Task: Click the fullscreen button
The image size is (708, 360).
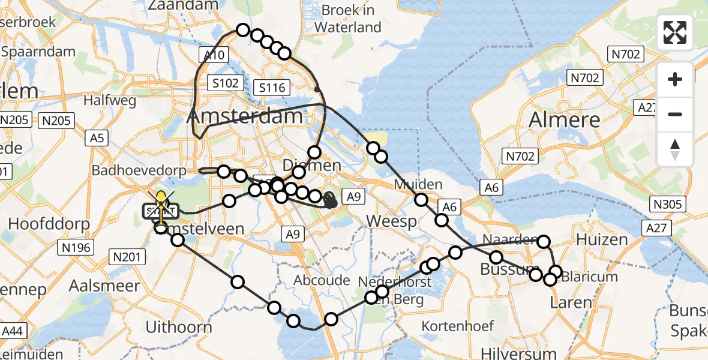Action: [675, 32]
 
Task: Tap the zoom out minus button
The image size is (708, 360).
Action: [675, 114]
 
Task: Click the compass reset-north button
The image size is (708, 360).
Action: [675, 149]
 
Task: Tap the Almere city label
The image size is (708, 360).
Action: [564, 119]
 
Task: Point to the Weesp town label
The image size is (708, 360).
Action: [391, 221]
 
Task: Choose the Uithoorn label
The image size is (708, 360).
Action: [179, 327]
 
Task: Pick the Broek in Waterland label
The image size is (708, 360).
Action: [347, 19]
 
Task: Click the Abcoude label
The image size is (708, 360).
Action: [322, 280]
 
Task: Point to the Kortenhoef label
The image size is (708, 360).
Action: [458, 326]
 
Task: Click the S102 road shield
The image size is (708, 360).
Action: [224, 83]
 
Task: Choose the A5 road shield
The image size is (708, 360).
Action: [97, 139]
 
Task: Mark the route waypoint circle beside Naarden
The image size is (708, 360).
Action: [544, 242]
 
